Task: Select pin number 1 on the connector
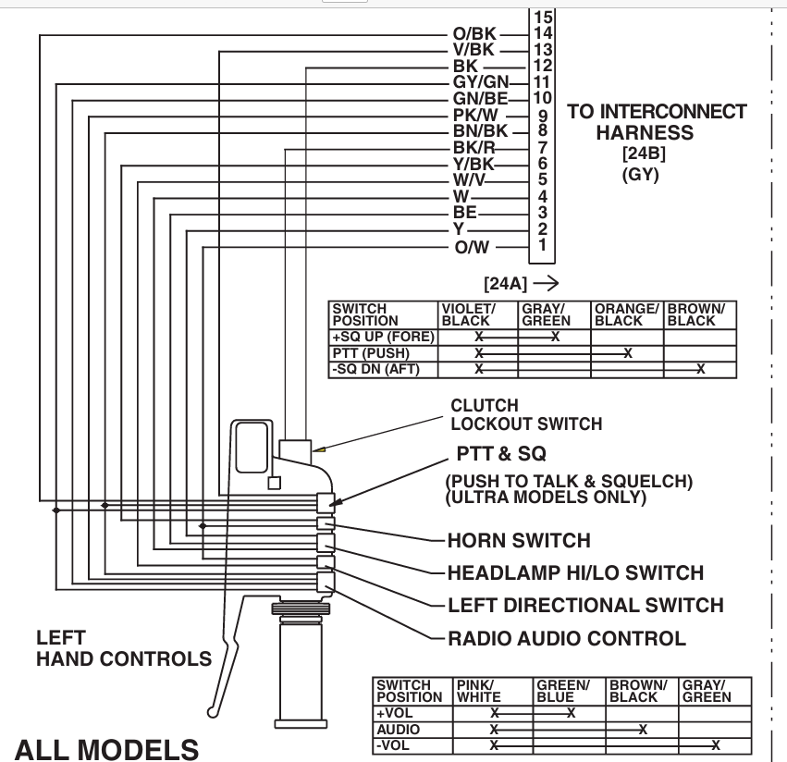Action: (x=543, y=245)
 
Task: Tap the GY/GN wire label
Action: (x=475, y=82)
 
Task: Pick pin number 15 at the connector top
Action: (x=543, y=17)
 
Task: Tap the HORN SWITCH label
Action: (x=518, y=540)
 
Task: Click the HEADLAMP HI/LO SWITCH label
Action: (x=575, y=573)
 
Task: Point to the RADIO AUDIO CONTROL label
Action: (x=566, y=638)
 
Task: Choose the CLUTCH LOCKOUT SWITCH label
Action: (x=526, y=415)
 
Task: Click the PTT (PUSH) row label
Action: (x=370, y=353)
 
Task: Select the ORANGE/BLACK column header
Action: (x=626, y=314)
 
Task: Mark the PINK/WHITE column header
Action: (x=479, y=691)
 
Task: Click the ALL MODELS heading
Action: (x=107, y=747)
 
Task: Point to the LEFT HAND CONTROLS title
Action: (x=124, y=649)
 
